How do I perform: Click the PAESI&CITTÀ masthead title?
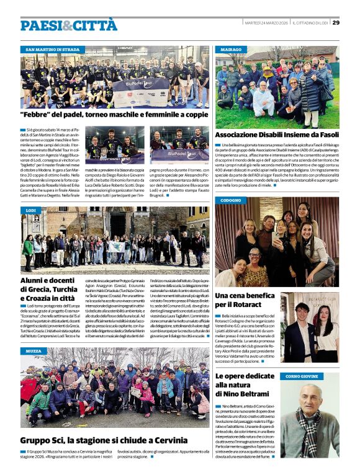(68, 25)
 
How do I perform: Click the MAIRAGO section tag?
(230, 49)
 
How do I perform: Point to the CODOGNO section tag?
(231, 200)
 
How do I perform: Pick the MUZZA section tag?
(34, 351)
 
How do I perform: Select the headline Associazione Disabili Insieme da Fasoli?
(277, 135)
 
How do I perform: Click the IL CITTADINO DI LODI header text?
(310, 22)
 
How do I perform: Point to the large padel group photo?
(115, 78)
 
